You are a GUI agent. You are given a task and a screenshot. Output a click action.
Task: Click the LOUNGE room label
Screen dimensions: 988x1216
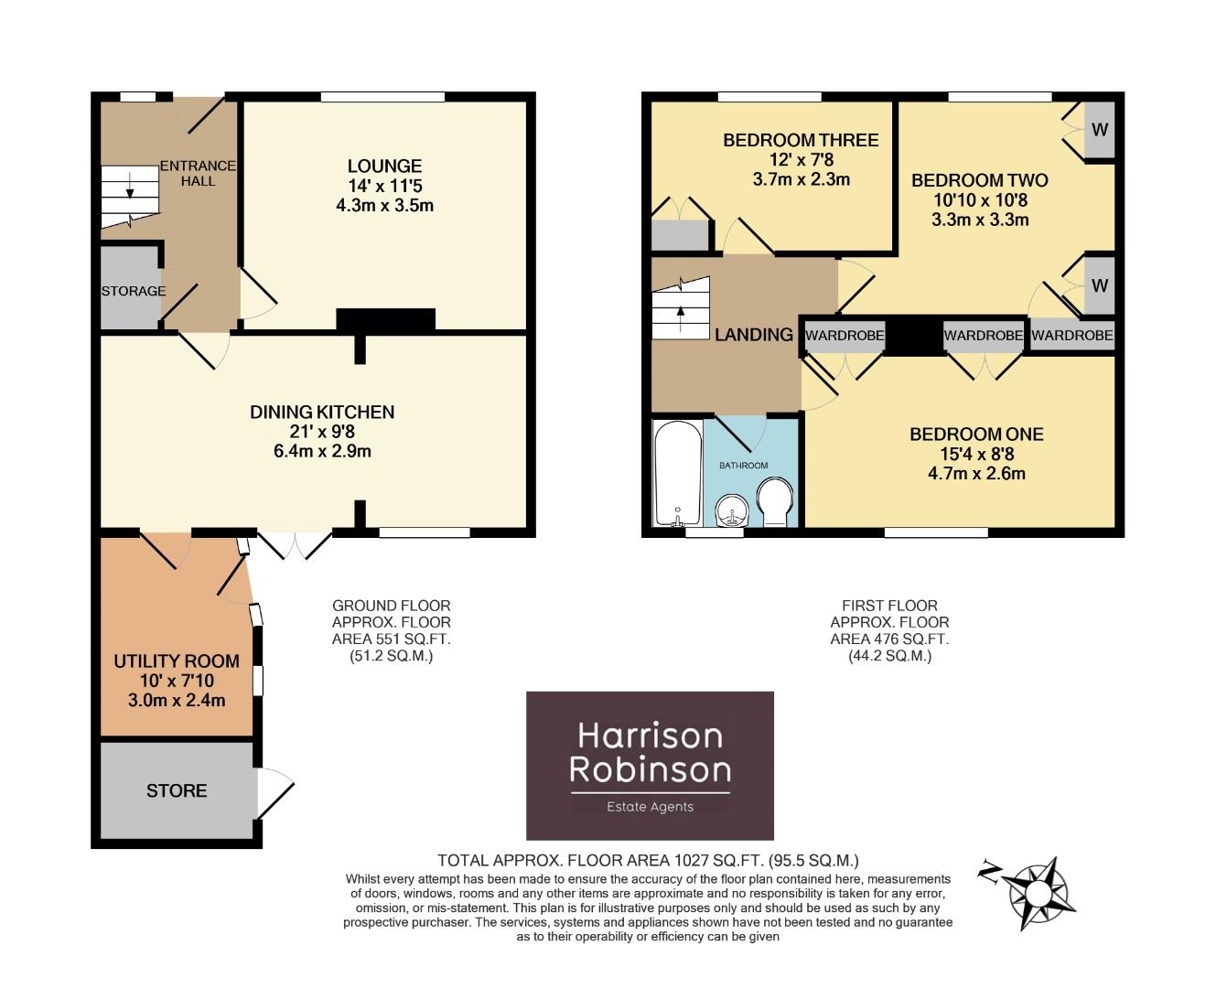tap(384, 166)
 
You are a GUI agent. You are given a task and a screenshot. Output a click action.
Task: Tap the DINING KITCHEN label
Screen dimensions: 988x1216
tap(322, 412)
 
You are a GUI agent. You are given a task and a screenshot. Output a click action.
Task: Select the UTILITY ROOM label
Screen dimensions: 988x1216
tap(177, 660)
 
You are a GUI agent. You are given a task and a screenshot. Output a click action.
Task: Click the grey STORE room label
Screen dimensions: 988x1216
tap(177, 790)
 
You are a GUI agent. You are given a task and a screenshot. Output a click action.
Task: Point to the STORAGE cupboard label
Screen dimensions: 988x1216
tap(134, 291)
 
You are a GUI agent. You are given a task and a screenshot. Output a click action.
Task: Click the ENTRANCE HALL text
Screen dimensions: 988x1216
tap(198, 173)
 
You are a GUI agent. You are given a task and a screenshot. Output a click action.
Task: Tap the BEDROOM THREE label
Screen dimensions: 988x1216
tap(801, 140)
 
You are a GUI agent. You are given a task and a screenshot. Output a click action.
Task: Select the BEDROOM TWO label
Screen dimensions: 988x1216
tap(979, 180)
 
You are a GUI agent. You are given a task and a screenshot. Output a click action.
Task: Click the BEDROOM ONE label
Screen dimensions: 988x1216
tap(976, 435)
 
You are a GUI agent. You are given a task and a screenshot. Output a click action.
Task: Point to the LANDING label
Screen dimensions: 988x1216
tap(753, 335)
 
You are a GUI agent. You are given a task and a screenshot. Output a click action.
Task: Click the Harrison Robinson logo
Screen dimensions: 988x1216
tap(650, 765)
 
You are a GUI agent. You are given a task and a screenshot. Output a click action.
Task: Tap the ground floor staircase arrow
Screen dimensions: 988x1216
tap(130, 188)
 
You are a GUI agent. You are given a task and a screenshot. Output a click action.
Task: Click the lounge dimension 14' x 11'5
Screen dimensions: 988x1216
tap(384, 186)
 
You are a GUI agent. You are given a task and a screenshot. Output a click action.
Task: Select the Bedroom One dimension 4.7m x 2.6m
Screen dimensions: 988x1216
tap(976, 474)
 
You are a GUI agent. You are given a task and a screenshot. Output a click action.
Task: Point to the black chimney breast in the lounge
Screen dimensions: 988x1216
tap(385, 319)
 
